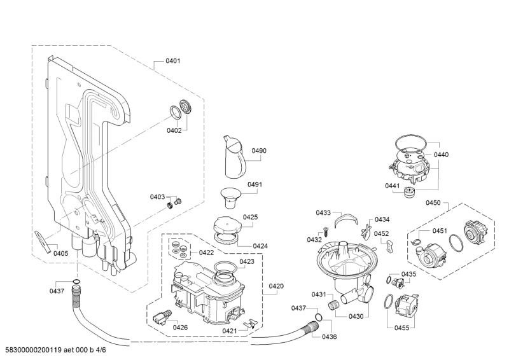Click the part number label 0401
pos(172,60)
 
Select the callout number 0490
pos(259,151)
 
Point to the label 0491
pos(254,184)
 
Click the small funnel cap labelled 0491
pos(230,198)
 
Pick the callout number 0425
pos(250,217)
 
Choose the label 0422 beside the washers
pos(206,253)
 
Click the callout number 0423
pos(247,261)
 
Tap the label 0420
pos(276,286)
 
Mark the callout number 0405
pos(61,254)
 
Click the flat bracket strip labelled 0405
pos(43,242)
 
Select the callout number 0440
pos(441,155)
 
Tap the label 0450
pos(433,203)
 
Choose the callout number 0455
pos(402,328)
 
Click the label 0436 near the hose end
pos(329,337)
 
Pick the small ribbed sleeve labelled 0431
pos(333,305)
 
